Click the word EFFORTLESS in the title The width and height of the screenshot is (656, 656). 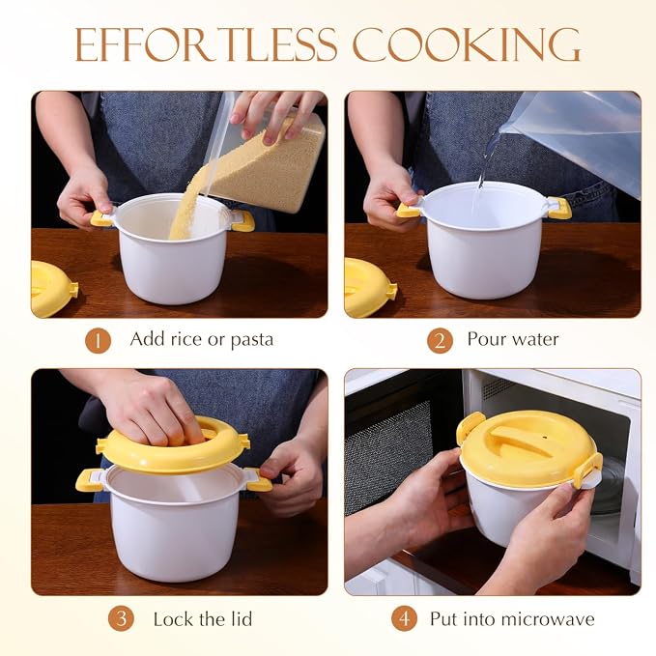click(206, 45)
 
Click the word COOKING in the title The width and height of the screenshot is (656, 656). click(467, 45)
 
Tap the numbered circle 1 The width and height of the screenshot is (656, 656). click(98, 341)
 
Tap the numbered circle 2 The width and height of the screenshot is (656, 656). click(440, 341)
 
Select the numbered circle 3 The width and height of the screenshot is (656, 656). click(121, 618)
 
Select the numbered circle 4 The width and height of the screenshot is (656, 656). click(404, 618)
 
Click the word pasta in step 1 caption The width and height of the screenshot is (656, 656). click(252, 340)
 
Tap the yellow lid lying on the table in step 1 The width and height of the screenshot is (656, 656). click(53, 289)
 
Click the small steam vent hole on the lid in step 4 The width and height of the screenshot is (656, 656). click(545, 438)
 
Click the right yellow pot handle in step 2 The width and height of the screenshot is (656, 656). click(559, 208)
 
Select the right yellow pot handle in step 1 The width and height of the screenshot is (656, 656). click(243, 220)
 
